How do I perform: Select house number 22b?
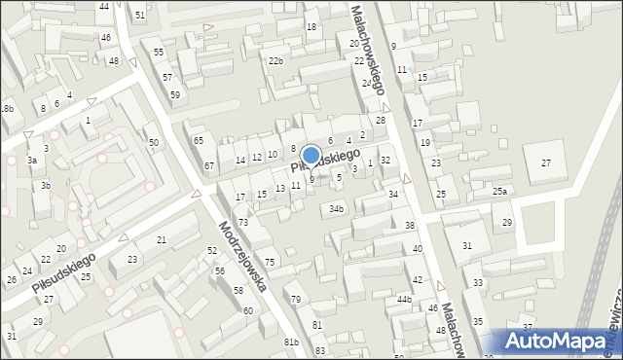point(276,61)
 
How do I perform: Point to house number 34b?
point(336,208)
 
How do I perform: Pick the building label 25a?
point(499,192)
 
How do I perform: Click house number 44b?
point(404,300)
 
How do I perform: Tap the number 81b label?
point(291,342)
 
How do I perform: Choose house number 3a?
point(32,160)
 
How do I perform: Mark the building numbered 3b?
point(45,185)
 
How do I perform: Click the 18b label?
point(7,109)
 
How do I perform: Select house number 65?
point(198,141)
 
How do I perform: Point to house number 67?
point(208,165)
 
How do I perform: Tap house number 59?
point(175,94)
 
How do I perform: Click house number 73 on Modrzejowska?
point(243,223)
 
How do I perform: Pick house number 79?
point(295,299)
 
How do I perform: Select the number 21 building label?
point(162,239)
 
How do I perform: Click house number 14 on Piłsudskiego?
point(239,160)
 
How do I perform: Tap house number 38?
point(410,226)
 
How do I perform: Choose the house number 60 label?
point(248,310)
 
